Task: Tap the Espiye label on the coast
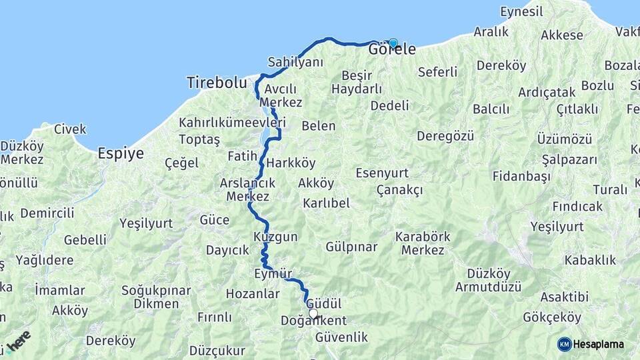pos(121,153)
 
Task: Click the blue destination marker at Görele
pos(393,43)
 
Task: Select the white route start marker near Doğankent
pos(313,313)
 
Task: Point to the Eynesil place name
pos(522,11)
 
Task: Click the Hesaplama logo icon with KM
pos(565,344)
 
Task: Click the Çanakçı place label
pos(400,190)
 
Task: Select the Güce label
pos(214,219)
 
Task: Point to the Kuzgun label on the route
pos(275,237)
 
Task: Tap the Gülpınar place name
pos(351,247)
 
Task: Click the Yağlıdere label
pos(45,259)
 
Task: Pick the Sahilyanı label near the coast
pos(295,62)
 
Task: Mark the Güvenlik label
pos(342,337)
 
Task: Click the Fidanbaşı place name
pos(521,176)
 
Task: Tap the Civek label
pos(70,129)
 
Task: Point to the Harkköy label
pos(291,163)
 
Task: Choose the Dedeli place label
pos(389,105)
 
